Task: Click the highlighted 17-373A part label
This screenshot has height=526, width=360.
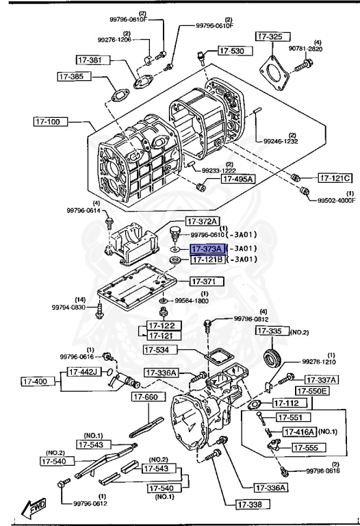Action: (206, 249)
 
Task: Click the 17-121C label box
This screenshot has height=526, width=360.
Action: (335, 178)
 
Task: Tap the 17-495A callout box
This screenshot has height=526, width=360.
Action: (237, 179)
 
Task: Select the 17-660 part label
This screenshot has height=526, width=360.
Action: (148, 397)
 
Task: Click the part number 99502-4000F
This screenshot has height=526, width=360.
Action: (336, 201)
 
